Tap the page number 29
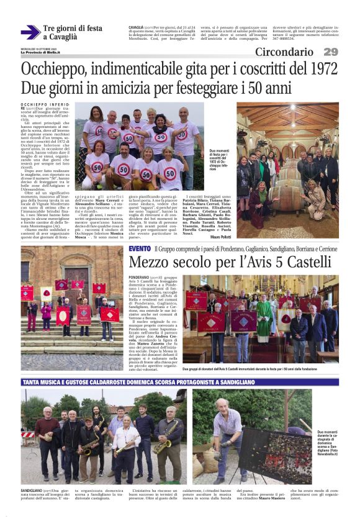coord(330,52)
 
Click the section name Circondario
coord(284,52)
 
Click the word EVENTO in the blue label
coord(139,248)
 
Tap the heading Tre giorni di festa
coord(72,29)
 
